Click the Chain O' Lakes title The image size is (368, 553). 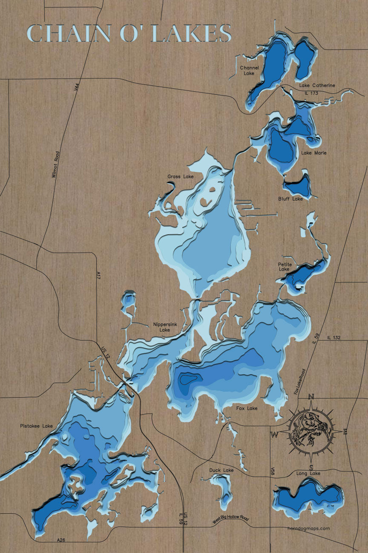(129, 33)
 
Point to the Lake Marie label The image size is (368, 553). (314, 153)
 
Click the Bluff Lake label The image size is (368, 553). (290, 199)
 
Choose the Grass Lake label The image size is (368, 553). (181, 176)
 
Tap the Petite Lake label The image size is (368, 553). (284, 267)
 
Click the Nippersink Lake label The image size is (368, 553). (162, 327)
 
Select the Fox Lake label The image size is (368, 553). (247, 408)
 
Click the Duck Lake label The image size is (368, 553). (221, 470)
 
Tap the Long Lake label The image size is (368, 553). (308, 473)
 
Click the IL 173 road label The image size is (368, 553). (311, 93)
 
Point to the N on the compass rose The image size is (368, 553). (311, 397)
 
